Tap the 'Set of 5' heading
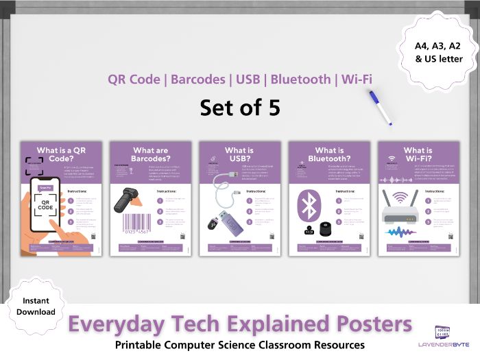240,108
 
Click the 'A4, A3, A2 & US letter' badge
438,52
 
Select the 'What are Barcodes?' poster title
151,155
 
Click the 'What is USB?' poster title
239,155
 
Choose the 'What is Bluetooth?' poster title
329,155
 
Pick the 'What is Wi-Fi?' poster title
418,155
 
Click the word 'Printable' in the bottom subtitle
145,344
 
